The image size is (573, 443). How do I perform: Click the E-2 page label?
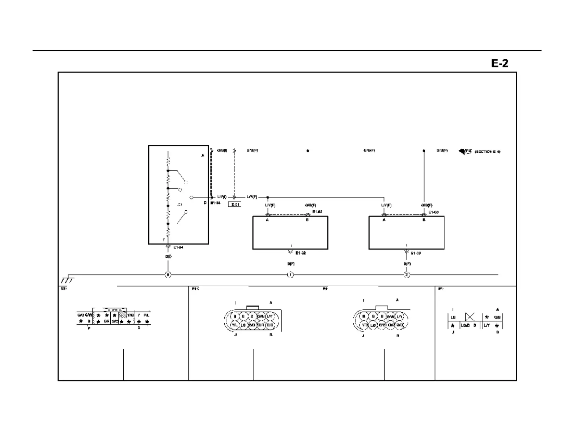pyautogui.click(x=500, y=63)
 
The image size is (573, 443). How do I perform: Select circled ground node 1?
pyautogui.click(x=290, y=275)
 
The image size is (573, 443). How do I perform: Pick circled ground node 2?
pyautogui.click(x=407, y=275)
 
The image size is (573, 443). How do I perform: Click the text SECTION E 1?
pyautogui.click(x=487, y=152)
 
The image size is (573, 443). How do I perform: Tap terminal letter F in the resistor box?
pyautogui.click(x=164, y=240)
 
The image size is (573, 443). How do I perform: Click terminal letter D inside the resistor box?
pyautogui.click(x=205, y=203)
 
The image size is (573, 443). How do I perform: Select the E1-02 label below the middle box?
pyautogui.click(x=301, y=253)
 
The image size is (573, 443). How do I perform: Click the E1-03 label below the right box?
pyautogui.click(x=416, y=253)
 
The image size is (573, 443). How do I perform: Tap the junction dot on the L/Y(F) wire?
pyautogui.click(x=267, y=197)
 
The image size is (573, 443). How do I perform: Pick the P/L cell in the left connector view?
pyautogui.click(x=147, y=315)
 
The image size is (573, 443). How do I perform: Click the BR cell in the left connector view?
pyautogui.click(x=107, y=321)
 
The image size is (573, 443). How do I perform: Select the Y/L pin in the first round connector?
pyautogui.click(x=234, y=325)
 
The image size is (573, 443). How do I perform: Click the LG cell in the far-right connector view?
pyautogui.click(x=453, y=317)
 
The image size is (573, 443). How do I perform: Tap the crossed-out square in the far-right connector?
pyautogui.click(x=470, y=317)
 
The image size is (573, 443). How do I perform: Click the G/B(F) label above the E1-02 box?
pyautogui.click(x=310, y=205)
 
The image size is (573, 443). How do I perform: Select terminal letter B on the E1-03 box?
pyautogui.click(x=424, y=220)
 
